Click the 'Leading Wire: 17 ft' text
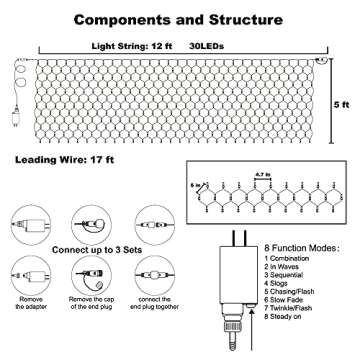pyautogui.click(x=62, y=159)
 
